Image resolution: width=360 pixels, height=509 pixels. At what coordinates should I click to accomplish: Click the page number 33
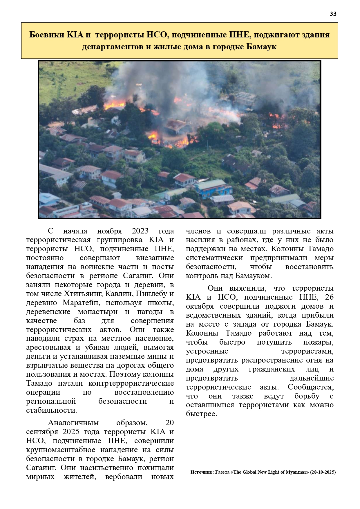(333, 14)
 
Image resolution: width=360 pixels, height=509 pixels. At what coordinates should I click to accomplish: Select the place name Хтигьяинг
(83, 294)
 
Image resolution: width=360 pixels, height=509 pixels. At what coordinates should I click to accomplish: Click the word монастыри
(98, 312)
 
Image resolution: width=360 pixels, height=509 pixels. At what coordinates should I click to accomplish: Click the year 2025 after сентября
(71, 432)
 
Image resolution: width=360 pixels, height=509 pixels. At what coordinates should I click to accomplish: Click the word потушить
(274, 342)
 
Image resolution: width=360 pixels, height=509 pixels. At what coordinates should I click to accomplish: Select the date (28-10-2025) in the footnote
(323, 472)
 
